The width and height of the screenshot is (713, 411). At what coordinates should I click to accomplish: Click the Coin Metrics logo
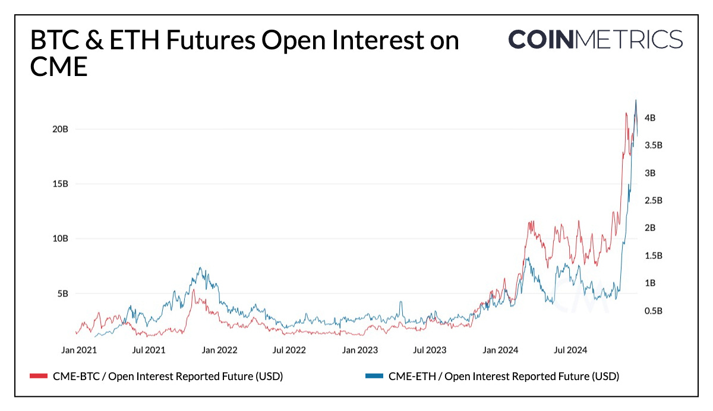click(x=595, y=39)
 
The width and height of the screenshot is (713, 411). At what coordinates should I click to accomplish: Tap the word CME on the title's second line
click(x=59, y=67)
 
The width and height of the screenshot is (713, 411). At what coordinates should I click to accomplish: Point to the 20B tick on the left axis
click(x=61, y=129)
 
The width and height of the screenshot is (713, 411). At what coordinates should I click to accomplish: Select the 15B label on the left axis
click(x=61, y=184)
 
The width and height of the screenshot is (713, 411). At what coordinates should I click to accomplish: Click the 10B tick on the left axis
click(x=61, y=239)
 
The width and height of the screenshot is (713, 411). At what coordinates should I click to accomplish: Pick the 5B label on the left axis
click(x=62, y=293)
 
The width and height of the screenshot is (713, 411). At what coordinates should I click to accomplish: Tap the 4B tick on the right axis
click(x=649, y=118)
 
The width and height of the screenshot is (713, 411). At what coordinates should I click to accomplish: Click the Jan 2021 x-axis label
click(x=78, y=350)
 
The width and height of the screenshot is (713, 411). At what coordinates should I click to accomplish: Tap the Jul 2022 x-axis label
click(x=289, y=350)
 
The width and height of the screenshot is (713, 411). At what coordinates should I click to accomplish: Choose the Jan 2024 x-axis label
click(x=500, y=350)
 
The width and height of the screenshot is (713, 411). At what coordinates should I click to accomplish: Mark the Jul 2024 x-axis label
click(x=570, y=350)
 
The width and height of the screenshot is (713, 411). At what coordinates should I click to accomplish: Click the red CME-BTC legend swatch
click(x=39, y=376)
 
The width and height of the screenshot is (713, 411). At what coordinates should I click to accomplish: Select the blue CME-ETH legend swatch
click(x=374, y=376)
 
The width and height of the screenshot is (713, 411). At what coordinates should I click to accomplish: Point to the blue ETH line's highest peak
click(x=636, y=100)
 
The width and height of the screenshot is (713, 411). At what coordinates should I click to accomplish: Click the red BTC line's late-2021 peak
click(x=193, y=290)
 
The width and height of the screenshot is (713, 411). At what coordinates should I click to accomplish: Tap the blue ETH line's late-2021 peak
click(x=200, y=268)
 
